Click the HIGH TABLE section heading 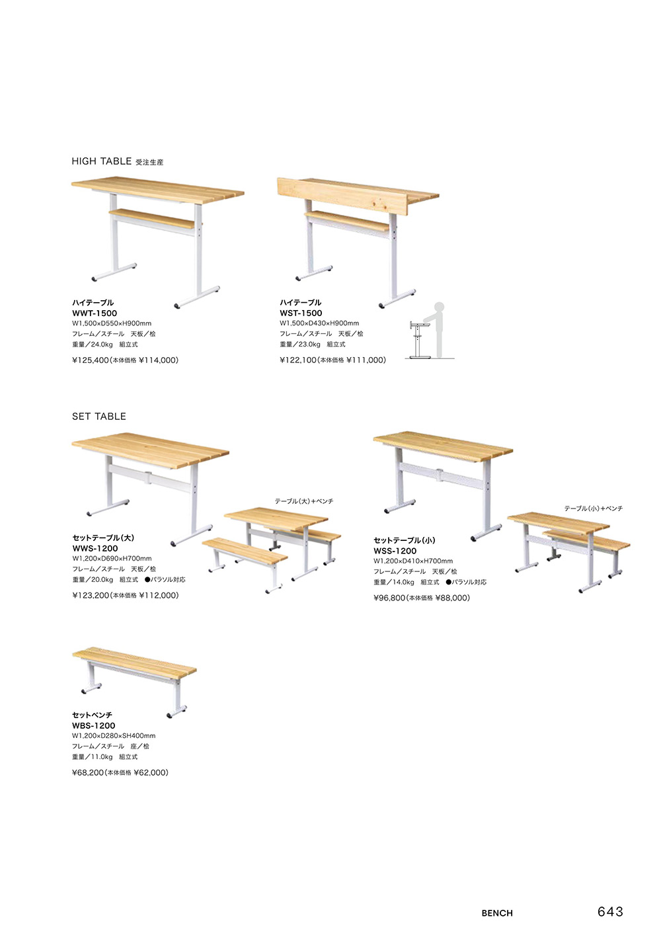pos(101,161)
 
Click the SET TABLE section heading pos(99,416)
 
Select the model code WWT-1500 pos(95,313)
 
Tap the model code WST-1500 pos(301,313)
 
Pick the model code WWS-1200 pos(95,548)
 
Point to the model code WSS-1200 pos(395,551)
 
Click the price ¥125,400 pos(91,360)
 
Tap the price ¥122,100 pos(298,360)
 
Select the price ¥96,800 pos(389,598)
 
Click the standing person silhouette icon pos(438,329)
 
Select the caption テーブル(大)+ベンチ pos(304,501)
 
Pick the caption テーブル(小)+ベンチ pos(594,508)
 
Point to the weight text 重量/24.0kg pos(93,345)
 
